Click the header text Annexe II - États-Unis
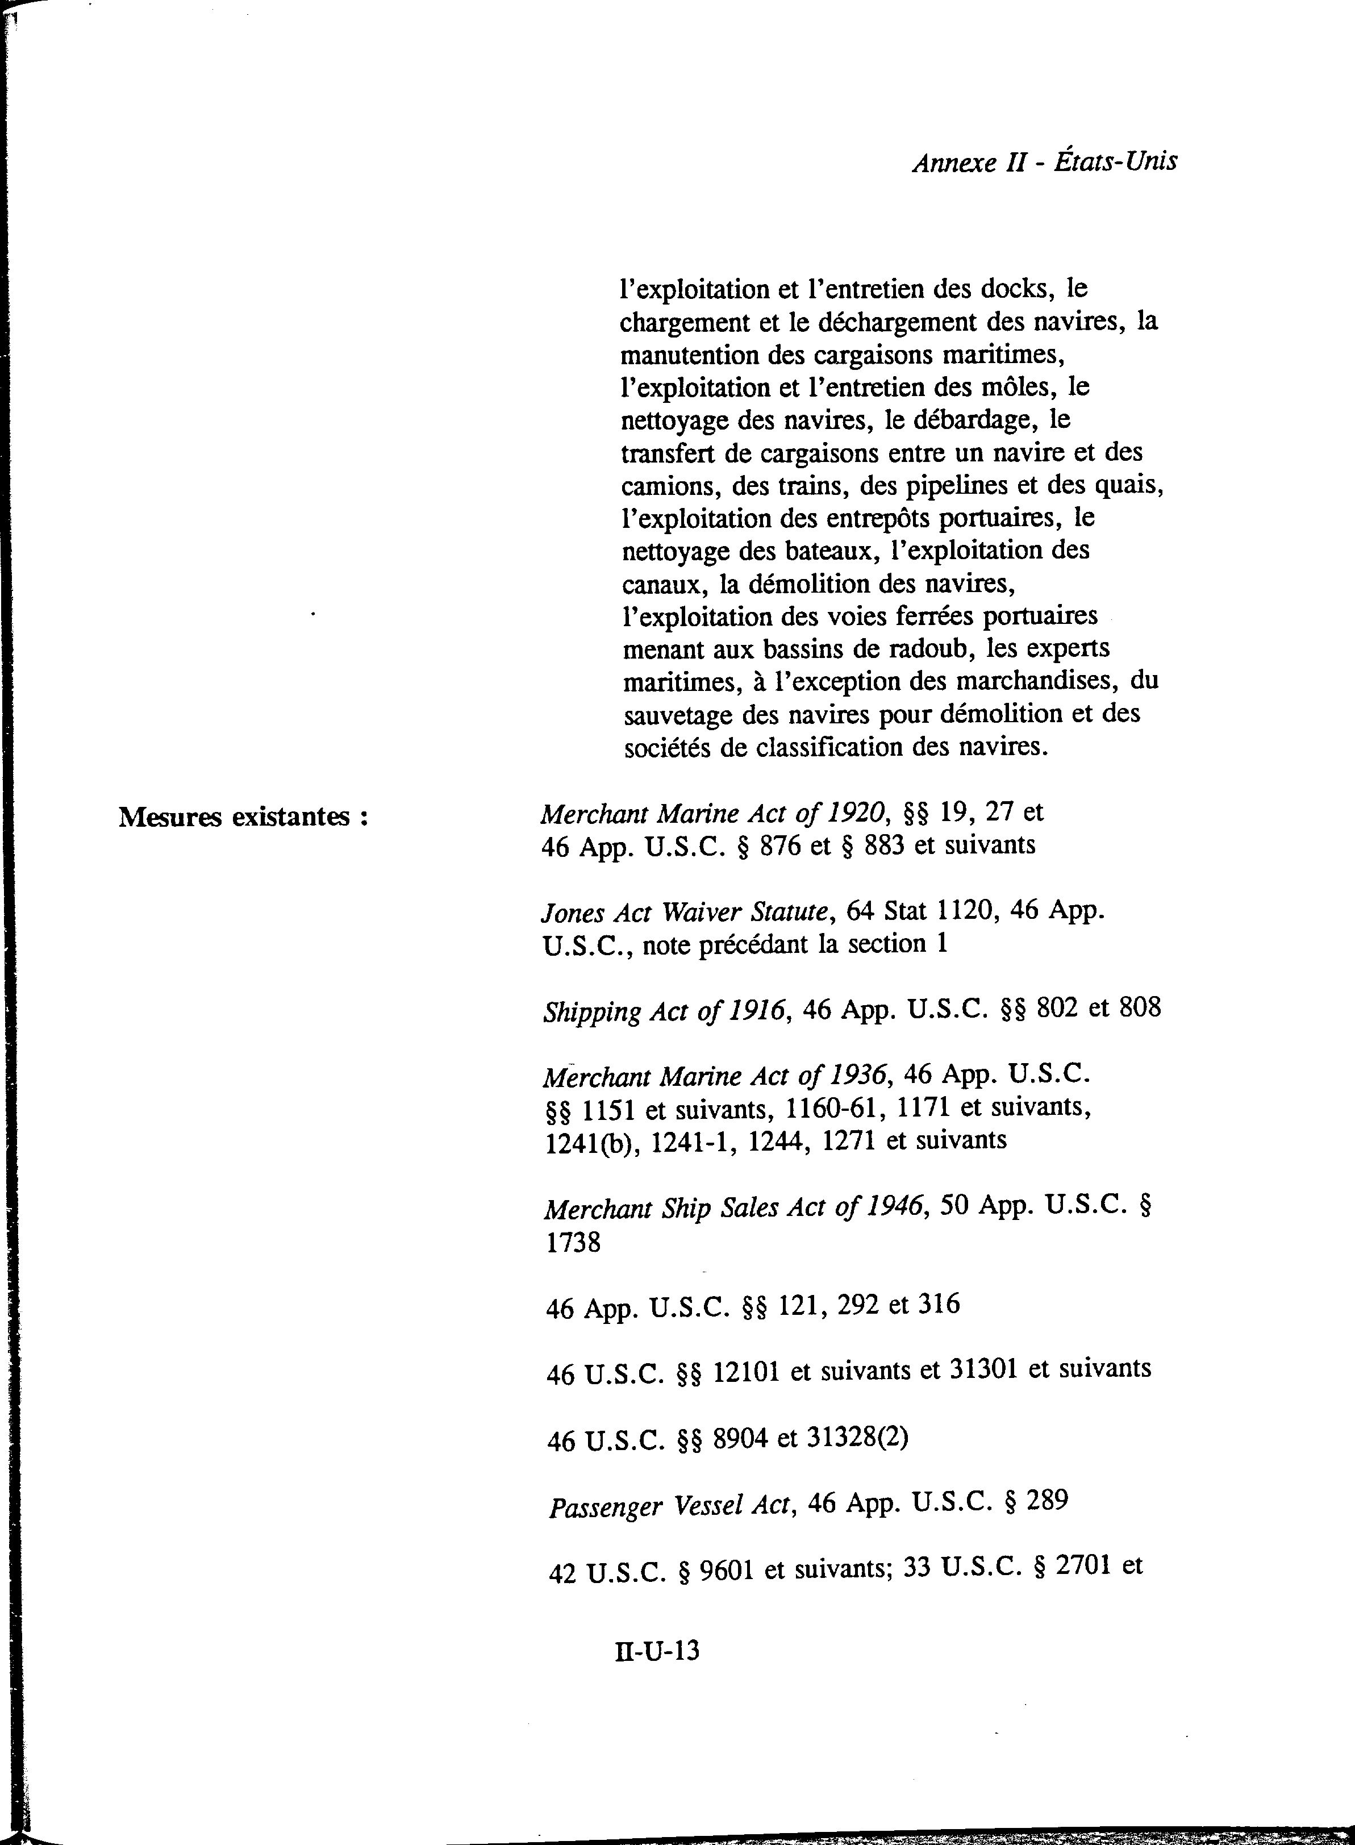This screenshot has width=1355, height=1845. click(1044, 161)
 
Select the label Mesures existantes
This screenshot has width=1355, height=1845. click(242, 817)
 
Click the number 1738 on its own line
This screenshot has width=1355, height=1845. click(573, 1243)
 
